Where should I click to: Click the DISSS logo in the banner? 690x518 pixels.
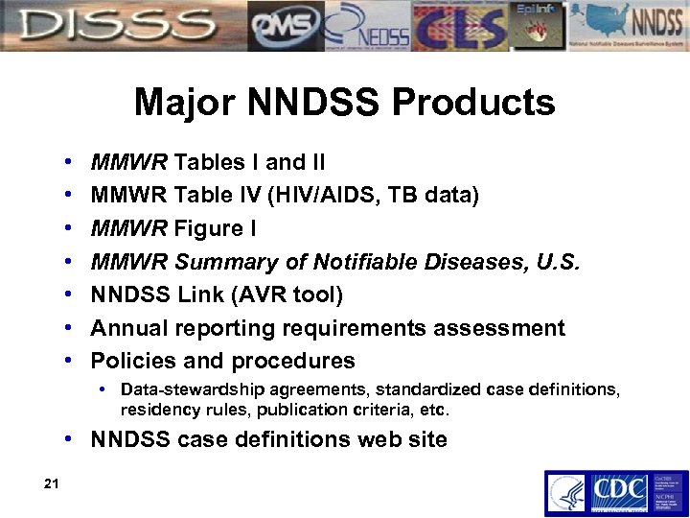pyautogui.click(x=115, y=26)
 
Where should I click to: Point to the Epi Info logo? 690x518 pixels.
pyautogui.click(x=539, y=26)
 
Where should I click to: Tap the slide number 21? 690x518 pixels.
pyautogui.click(x=51, y=483)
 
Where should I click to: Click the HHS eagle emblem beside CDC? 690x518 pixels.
pyautogui.click(x=565, y=493)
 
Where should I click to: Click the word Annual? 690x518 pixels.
pyautogui.click(x=128, y=328)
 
